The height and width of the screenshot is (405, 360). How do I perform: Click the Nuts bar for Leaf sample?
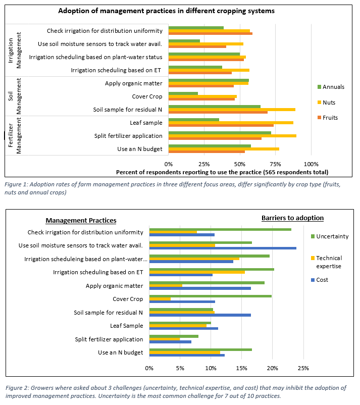click(x=231, y=123)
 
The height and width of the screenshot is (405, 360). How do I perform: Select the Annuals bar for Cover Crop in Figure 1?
click(x=183, y=93)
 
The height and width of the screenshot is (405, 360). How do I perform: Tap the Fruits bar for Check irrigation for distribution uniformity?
click(x=211, y=33)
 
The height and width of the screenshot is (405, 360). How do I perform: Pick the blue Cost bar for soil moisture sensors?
click(x=223, y=248)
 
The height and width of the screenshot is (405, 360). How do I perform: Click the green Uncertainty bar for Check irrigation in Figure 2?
click(x=220, y=229)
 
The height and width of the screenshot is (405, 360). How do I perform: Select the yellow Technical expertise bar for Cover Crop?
click(x=160, y=299)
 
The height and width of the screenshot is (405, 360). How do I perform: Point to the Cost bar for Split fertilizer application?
click(x=170, y=342)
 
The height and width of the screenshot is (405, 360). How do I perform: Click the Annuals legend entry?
click(x=331, y=87)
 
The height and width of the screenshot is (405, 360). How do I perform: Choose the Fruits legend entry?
click(x=328, y=118)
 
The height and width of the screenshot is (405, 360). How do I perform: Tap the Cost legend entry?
click(x=320, y=280)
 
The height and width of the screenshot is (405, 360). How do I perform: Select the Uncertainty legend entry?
click(x=330, y=236)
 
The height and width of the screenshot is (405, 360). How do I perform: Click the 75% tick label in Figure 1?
click(x=275, y=164)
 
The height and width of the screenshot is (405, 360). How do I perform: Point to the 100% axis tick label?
click(x=311, y=164)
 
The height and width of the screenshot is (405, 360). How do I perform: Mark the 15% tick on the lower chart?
click(x=241, y=368)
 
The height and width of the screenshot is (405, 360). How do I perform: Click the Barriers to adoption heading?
click(x=293, y=218)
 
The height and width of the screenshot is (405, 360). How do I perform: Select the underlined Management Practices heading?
click(x=81, y=220)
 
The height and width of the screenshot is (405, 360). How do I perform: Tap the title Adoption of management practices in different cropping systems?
click(x=166, y=11)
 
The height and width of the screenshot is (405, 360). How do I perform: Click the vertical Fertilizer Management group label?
click(x=15, y=136)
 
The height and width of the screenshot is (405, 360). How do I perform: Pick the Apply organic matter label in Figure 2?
click(x=115, y=286)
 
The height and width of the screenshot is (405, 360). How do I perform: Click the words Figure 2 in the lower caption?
click(x=17, y=388)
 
